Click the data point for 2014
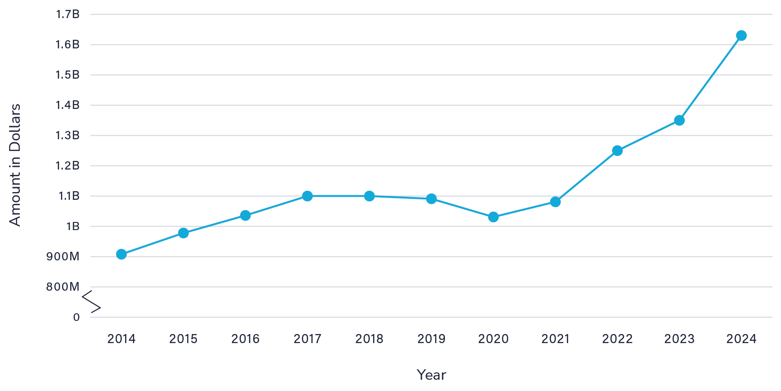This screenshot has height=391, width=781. [x=121, y=254]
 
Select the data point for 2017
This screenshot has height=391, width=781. [x=307, y=196]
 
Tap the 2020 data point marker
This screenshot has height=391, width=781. [x=493, y=217]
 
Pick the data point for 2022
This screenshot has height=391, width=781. [x=617, y=151]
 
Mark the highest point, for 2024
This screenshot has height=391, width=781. [x=741, y=35]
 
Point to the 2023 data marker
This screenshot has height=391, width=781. [x=679, y=120]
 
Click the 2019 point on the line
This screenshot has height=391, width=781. [x=431, y=199]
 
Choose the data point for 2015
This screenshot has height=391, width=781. [x=183, y=233]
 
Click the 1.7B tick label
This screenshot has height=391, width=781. [x=68, y=14]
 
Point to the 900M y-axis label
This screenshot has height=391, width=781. [x=63, y=257]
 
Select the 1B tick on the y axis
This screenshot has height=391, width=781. [x=73, y=226]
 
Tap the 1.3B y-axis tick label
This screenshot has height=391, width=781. [x=68, y=136]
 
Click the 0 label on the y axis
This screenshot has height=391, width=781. [x=76, y=317]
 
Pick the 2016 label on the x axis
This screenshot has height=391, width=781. [x=245, y=339]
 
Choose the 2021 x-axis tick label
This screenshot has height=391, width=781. [x=555, y=339]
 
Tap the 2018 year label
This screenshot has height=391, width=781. [x=369, y=339]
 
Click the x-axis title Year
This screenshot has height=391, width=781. [x=431, y=375]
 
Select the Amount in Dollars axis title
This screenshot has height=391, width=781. [x=15, y=165]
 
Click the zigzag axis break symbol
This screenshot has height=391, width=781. [x=91, y=302]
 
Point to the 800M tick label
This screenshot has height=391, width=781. [x=63, y=287]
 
